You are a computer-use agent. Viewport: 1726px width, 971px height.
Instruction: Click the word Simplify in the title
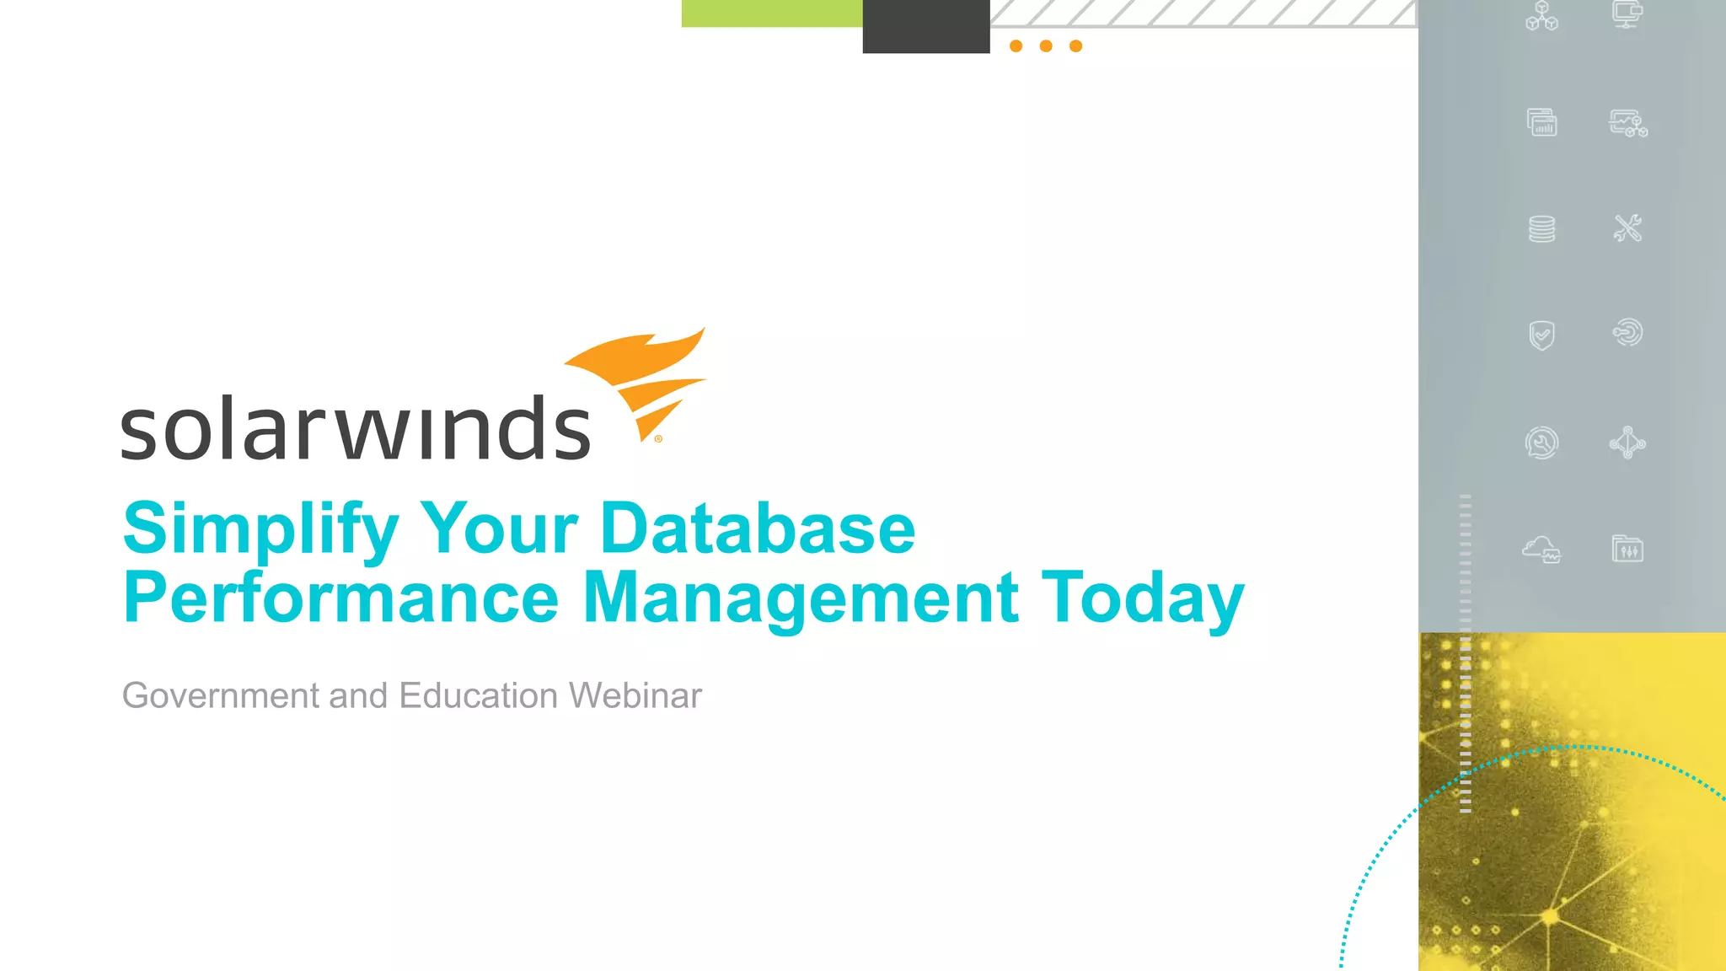tap(260, 529)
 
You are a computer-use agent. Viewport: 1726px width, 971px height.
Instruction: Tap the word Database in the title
tap(757, 529)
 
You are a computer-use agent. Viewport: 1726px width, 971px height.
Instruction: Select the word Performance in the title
tap(340, 598)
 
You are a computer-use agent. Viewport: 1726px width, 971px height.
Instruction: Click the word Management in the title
tap(801, 598)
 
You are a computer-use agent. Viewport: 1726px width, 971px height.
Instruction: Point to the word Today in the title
tap(1142, 598)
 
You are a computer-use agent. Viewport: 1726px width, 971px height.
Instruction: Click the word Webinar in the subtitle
tap(635, 696)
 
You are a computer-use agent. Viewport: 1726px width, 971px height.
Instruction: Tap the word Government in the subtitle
tap(221, 696)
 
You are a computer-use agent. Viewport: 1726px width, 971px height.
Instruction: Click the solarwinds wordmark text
tap(355, 429)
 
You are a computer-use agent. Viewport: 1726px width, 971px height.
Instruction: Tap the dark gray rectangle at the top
tap(925, 26)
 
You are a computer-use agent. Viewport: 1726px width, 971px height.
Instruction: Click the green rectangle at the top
tap(771, 13)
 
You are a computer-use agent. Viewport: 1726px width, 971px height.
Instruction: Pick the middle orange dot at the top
tap(1046, 46)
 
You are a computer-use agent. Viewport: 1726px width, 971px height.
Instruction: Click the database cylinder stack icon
tap(1541, 228)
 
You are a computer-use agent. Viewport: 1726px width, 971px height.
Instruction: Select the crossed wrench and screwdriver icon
tap(1627, 228)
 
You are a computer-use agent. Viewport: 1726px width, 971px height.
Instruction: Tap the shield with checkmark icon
tap(1541, 335)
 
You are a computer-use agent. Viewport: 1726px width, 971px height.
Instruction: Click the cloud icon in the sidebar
tap(1541, 549)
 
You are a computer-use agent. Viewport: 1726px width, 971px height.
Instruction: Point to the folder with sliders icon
tap(1627, 549)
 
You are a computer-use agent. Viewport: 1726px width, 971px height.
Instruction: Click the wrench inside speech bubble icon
tap(1541, 443)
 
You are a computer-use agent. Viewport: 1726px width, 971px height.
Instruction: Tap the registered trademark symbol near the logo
tap(658, 438)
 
